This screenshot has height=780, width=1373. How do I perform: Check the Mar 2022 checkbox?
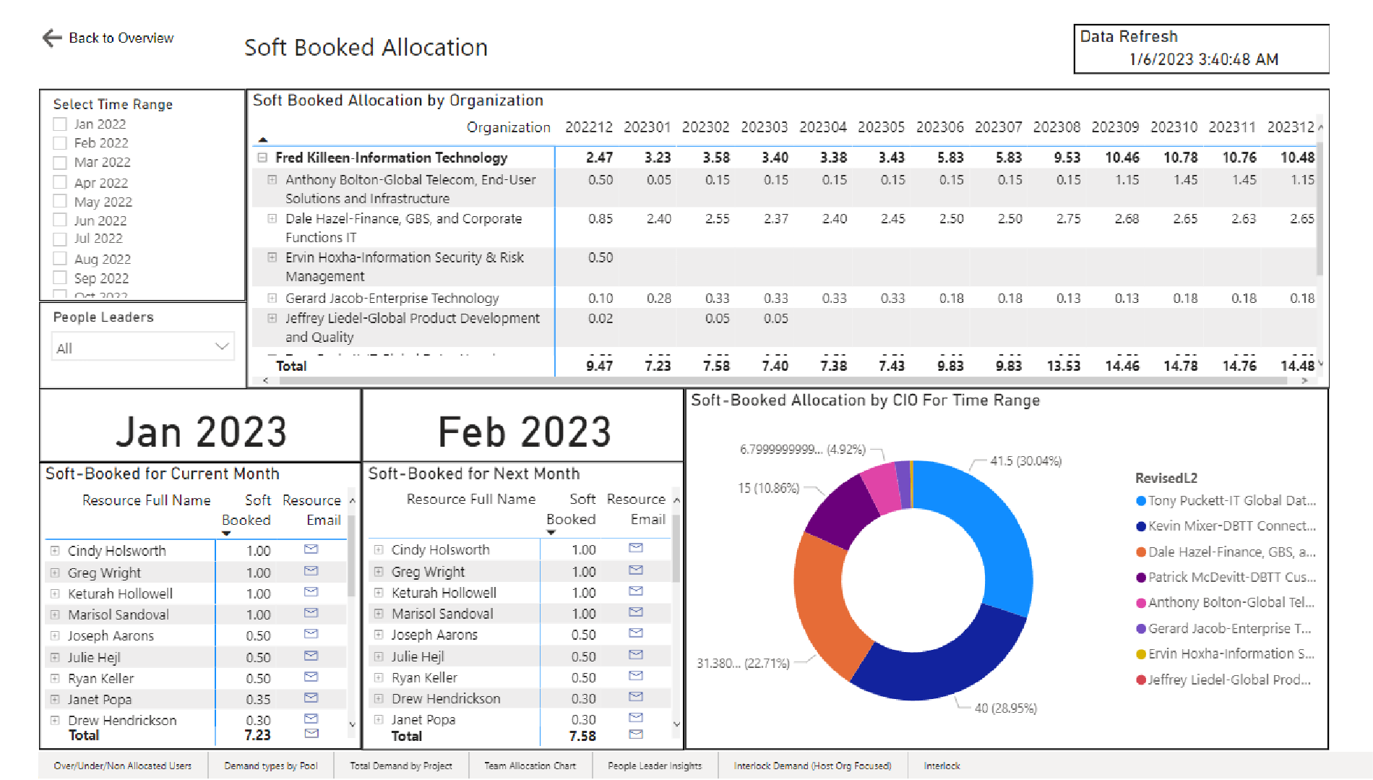(60, 163)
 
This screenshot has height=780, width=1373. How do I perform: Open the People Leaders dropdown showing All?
(142, 348)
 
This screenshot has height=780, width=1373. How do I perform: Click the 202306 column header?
(939, 127)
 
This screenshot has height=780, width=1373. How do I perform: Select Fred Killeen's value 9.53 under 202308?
(1067, 158)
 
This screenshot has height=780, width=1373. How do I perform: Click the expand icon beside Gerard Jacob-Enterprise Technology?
(272, 298)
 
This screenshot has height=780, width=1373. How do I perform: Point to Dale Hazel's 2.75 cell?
(1068, 218)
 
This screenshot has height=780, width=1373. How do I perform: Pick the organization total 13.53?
(1063, 366)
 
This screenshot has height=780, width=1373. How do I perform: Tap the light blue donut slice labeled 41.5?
(990, 528)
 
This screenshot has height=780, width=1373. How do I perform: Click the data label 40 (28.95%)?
(1005, 708)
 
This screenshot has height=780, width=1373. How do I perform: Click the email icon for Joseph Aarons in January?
(311, 634)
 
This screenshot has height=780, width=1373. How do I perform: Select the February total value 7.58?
(582, 736)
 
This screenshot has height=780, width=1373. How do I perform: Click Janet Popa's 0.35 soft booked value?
(258, 699)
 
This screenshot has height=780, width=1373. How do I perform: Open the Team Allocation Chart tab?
(530, 766)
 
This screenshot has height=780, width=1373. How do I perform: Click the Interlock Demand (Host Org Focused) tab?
(812, 766)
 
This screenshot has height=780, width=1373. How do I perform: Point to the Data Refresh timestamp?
(1204, 59)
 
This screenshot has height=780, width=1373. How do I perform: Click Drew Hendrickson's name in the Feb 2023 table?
(446, 698)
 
